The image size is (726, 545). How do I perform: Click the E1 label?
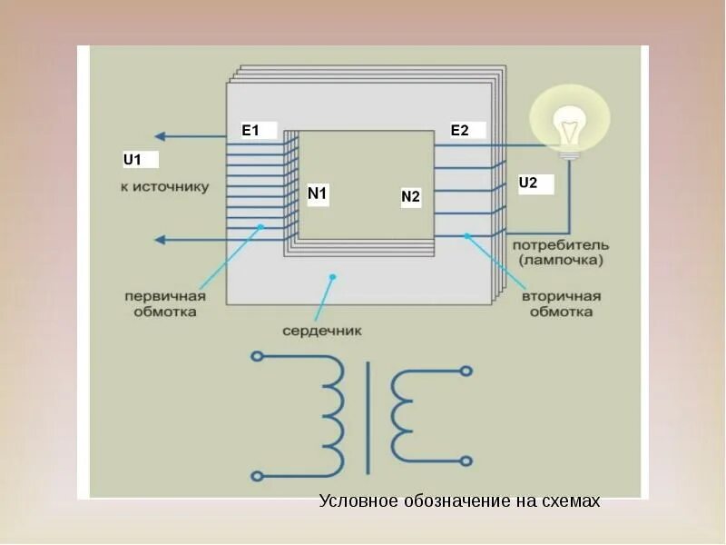click(250, 131)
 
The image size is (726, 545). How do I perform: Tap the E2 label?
click(460, 131)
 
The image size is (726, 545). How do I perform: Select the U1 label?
click(133, 161)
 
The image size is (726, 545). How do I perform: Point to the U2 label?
click(528, 183)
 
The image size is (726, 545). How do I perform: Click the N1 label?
click(317, 193)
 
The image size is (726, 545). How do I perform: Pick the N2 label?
click(411, 197)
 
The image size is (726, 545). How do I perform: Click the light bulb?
click(569, 124)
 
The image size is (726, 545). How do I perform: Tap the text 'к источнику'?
click(164, 188)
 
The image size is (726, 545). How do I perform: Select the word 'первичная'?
click(165, 296)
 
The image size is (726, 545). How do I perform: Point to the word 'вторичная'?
click(563, 296)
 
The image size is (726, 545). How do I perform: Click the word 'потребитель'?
click(561, 245)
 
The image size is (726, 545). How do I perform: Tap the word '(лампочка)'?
click(561, 261)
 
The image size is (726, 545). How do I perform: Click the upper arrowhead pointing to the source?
click(160, 136)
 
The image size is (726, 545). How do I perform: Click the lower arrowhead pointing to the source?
click(160, 240)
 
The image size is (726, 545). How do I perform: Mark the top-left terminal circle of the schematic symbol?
click(257, 356)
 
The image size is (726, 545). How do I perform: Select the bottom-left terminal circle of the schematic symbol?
click(257, 475)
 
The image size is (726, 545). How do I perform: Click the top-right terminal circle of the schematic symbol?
click(466, 371)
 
